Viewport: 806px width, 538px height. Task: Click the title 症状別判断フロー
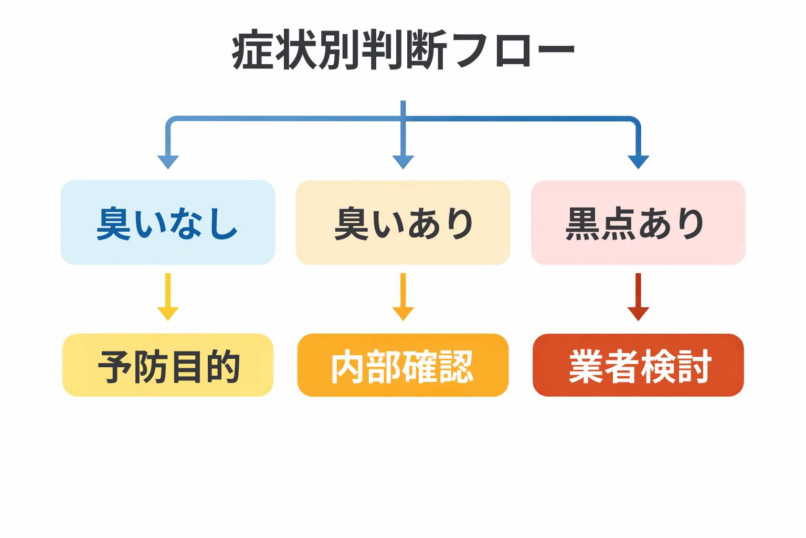(x=403, y=51)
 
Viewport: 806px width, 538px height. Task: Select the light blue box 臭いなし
(x=168, y=222)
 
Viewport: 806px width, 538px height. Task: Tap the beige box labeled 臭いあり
(x=403, y=222)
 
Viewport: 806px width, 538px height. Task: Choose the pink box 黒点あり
(x=638, y=222)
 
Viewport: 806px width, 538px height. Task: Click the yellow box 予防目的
(x=168, y=365)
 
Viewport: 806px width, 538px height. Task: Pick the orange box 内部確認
(x=403, y=365)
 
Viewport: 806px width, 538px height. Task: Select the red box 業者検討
(x=638, y=365)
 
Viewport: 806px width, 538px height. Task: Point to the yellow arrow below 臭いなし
(x=168, y=297)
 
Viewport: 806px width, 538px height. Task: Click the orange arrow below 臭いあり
(x=403, y=297)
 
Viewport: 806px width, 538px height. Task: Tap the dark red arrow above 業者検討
(x=638, y=297)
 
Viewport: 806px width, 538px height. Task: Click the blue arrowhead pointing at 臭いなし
(x=168, y=162)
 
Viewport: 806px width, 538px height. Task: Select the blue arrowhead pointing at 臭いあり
(x=403, y=162)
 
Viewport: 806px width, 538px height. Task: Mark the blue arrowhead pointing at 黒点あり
(x=638, y=162)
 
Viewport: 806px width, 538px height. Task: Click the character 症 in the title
(x=253, y=51)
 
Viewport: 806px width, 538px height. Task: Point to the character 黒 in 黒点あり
(x=582, y=223)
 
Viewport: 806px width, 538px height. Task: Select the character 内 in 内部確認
(x=347, y=367)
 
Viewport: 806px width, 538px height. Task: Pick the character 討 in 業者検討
(x=694, y=366)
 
